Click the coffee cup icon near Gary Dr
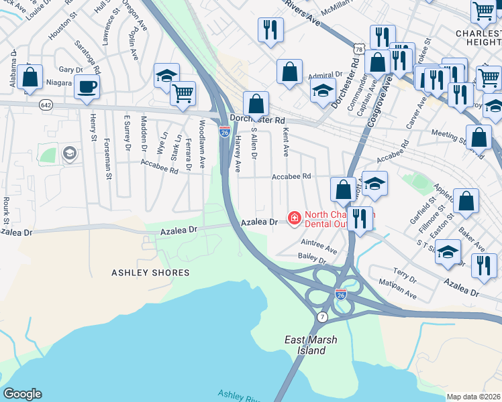[87, 86]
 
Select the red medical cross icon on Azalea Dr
[294, 218]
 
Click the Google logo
[22, 394]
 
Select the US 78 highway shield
[360, 50]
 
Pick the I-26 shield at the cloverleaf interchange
[341, 293]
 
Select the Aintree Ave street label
[319, 243]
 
